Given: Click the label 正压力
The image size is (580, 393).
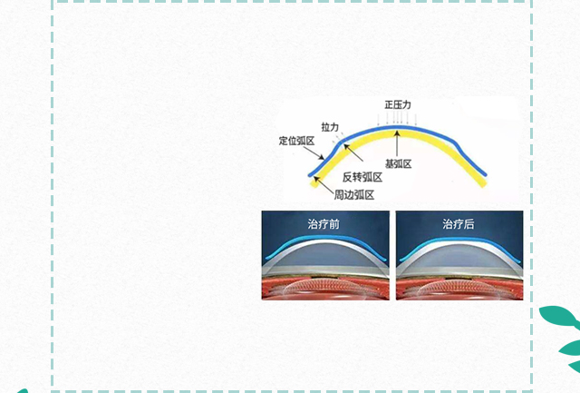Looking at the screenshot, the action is coord(398,104).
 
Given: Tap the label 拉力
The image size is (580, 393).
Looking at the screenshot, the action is coord(330,127).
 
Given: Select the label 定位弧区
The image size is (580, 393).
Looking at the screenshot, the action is coord(296,141).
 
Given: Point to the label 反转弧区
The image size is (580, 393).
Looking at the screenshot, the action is coord(362,177).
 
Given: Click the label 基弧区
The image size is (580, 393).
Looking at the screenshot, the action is coord(399,163).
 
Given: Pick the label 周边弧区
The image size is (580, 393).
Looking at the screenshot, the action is coord(354,195).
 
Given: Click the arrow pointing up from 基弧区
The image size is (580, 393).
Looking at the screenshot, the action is coord(397,143).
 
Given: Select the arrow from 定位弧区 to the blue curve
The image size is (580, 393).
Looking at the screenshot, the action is coord(314,153).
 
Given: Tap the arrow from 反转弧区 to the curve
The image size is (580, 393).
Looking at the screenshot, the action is coord(353,152).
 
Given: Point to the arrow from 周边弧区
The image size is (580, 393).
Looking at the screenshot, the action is coord(324,185).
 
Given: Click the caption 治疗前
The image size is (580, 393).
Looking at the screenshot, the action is coord(324,224).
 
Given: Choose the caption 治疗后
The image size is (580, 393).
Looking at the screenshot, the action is coord(459,224).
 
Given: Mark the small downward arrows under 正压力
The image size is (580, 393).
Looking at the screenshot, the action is coord(397,119).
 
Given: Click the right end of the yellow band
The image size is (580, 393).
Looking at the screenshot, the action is coord(483,183).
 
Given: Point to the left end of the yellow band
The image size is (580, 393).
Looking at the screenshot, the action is coord(314,183).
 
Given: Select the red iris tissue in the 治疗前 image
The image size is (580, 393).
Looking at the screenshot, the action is coord(325,289).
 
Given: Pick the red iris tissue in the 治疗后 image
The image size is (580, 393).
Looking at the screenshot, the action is coord(459,289).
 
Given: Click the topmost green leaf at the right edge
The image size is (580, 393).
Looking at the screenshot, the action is coord(558,316).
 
